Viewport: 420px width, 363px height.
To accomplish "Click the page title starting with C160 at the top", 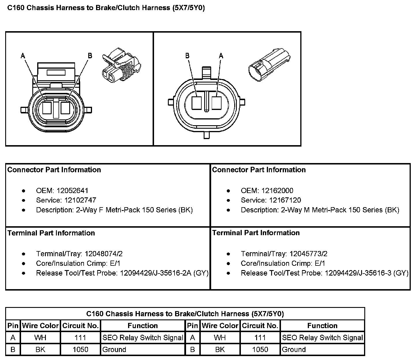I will click(x=106, y=8).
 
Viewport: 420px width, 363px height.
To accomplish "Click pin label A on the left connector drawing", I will click(x=23, y=55).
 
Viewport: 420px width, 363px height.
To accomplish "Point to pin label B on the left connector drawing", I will click(x=90, y=55).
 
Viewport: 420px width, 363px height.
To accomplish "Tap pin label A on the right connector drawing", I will click(x=221, y=55).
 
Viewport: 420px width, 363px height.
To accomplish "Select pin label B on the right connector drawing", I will click(x=187, y=55).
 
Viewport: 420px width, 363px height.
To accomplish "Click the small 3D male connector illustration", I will click(x=269, y=66).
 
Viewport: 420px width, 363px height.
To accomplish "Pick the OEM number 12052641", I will click(x=72, y=191).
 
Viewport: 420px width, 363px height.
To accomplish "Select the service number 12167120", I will click(x=285, y=200).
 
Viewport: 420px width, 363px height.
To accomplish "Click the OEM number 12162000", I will click(x=277, y=191).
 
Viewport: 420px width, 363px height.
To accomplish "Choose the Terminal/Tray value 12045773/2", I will click(x=308, y=254).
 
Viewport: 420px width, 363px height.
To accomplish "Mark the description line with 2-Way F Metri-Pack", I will click(x=114, y=210).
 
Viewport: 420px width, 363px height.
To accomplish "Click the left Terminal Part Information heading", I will click(x=51, y=233).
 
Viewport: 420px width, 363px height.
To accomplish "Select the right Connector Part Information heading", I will click(x=259, y=170).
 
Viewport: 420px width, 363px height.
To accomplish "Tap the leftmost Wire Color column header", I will click(x=40, y=326).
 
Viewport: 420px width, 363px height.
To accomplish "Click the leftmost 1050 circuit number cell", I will click(x=80, y=350).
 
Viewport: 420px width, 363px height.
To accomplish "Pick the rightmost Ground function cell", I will click(x=294, y=350).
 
